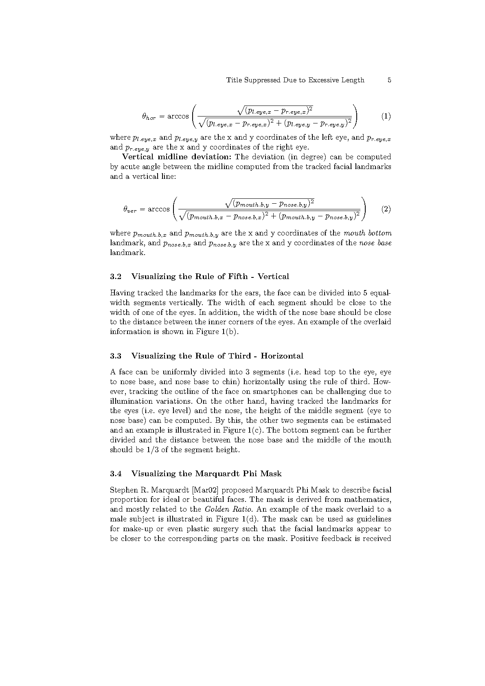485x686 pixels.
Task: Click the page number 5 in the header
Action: (389, 80)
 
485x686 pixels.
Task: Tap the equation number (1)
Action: (386, 116)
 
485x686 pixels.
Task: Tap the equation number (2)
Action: (386, 209)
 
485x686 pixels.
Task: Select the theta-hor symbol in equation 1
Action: (149, 117)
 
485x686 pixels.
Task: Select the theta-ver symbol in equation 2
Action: (129, 210)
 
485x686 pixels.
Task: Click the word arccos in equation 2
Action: (158, 209)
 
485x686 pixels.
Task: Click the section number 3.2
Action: (116, 277)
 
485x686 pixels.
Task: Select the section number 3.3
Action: (116, 356)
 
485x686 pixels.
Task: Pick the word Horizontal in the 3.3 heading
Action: (282, 356)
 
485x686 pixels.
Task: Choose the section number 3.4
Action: (116, 474)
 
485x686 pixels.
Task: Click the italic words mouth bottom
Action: (367, 233)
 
